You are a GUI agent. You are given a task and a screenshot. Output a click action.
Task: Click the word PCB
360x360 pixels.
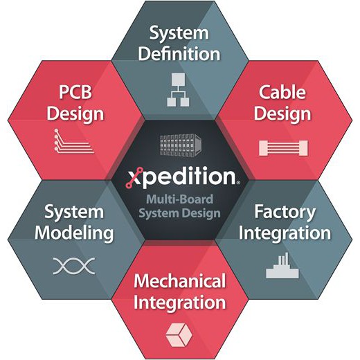tap(75, 92)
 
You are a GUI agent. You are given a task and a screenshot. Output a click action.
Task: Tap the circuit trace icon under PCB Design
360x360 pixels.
tap(74, 141)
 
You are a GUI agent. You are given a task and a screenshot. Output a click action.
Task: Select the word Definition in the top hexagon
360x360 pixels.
tap(179, 54)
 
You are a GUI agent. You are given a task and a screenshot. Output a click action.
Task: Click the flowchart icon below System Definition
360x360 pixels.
tap(178, 90)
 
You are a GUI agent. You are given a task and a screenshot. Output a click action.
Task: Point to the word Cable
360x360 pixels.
tap(282, 92)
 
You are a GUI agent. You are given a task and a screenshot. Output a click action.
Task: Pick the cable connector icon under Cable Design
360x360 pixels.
tap(283, 147)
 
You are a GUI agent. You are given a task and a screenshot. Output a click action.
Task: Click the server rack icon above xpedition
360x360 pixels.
tap(181, 145)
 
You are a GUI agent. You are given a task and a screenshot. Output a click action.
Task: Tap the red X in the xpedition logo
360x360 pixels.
tap(133, 178)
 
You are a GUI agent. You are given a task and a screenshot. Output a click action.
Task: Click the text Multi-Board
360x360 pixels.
tap(179, 199)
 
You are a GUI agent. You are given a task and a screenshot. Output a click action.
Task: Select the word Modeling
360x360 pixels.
tap(74, 233)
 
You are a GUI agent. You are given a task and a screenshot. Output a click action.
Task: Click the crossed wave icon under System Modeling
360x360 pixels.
tap(74, 266)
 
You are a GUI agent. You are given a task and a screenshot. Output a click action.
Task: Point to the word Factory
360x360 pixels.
tap(285, 212)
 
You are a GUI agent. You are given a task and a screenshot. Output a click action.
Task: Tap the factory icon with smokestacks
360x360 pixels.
tap(282, 265)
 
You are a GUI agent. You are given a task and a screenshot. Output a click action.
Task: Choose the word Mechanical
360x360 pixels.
tap(179, 281)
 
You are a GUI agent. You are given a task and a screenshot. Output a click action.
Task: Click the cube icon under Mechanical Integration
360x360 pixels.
tap(179, 335)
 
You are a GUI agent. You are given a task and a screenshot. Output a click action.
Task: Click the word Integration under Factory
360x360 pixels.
tap(285, 233)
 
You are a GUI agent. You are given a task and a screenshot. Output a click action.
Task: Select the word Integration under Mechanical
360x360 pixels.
tap(179, 303)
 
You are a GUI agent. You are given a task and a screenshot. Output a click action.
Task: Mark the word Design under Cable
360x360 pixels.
tap(282, 114)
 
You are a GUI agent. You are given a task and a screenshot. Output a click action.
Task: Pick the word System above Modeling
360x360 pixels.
tap(74, 212)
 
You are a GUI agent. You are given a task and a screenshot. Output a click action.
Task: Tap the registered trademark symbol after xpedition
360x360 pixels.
tap(238, 182)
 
